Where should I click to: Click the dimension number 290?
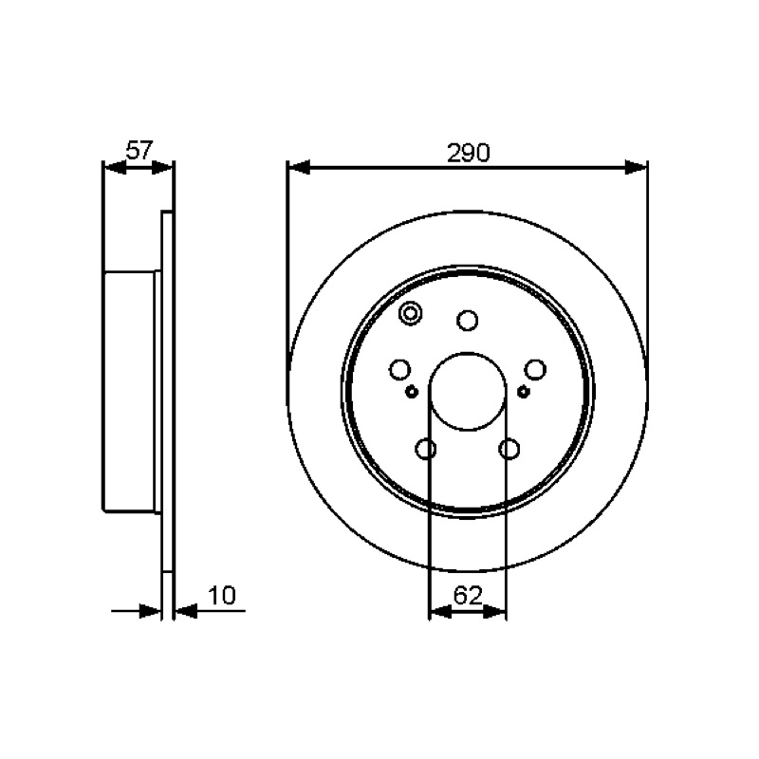click(x=468, y=153)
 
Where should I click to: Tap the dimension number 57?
click(x=139, y=150)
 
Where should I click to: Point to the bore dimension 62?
click(x=468, y=595)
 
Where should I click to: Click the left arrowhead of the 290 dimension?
click(x=298, y=168)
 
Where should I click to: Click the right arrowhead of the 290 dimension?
click(x=636, y=168)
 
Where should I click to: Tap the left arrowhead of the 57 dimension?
click(x=115, y=168)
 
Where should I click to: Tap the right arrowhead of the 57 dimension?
click(x=162, y=168)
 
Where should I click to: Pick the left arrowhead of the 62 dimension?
click(x=440, y=611)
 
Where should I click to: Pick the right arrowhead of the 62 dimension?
click(x=494, y=611)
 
